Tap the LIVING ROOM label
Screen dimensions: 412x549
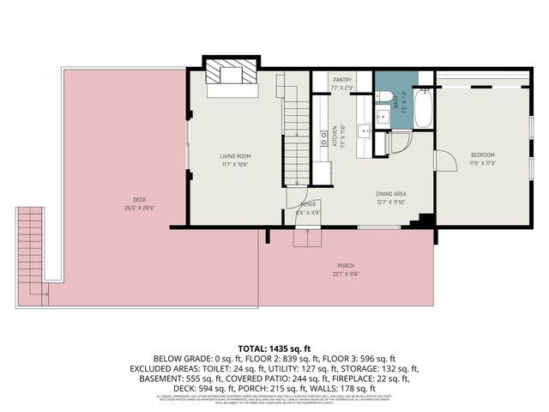click(233, 155)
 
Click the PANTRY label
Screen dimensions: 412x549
click(343, 79)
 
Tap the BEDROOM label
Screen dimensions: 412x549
click(483, 155)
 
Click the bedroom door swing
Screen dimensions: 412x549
click(445, 161)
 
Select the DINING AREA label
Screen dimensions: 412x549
click(390, 195)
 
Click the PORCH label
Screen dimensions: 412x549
click(346, 265)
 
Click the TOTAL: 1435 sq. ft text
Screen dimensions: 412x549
click(274, 348)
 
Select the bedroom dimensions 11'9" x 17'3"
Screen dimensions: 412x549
click(483, 163)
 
